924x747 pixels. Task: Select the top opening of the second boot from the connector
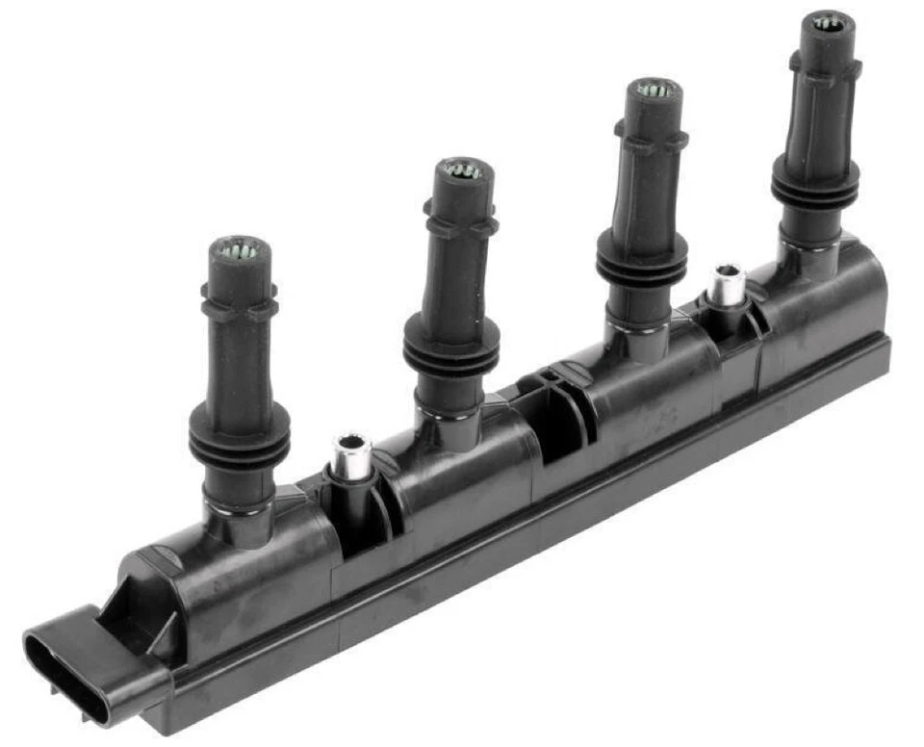pos(463,171)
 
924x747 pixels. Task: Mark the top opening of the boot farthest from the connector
pos(828,22)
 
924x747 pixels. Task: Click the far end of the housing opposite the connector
pos(871,318)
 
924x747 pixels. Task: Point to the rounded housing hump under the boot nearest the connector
pos(250,568)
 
